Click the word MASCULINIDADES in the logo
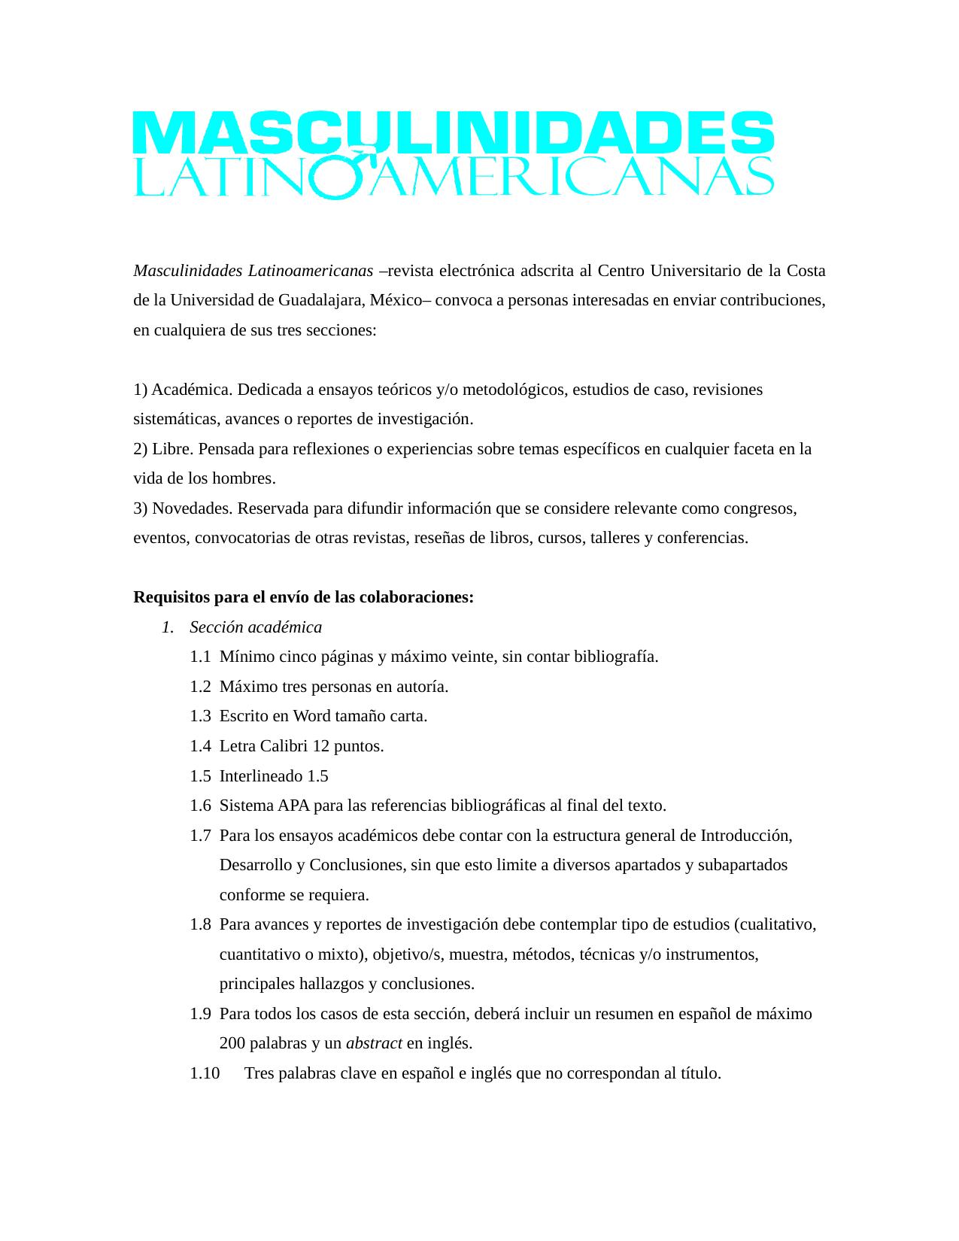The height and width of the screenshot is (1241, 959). [453, 133]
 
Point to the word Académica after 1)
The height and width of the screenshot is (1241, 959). [191, 390]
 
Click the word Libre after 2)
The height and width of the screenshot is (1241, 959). [171, 449]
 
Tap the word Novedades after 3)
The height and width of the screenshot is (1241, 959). [192, 508]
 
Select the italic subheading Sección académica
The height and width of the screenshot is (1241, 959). [256, 627]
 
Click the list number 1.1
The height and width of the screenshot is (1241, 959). [200, 657]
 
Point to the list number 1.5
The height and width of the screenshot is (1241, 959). [200, 775]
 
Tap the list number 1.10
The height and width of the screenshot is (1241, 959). [205, 1073]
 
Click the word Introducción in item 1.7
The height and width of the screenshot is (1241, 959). [746, 836]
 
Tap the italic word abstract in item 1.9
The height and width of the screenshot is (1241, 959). [374, 1043]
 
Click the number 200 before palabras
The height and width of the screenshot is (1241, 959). [232, 1043]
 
